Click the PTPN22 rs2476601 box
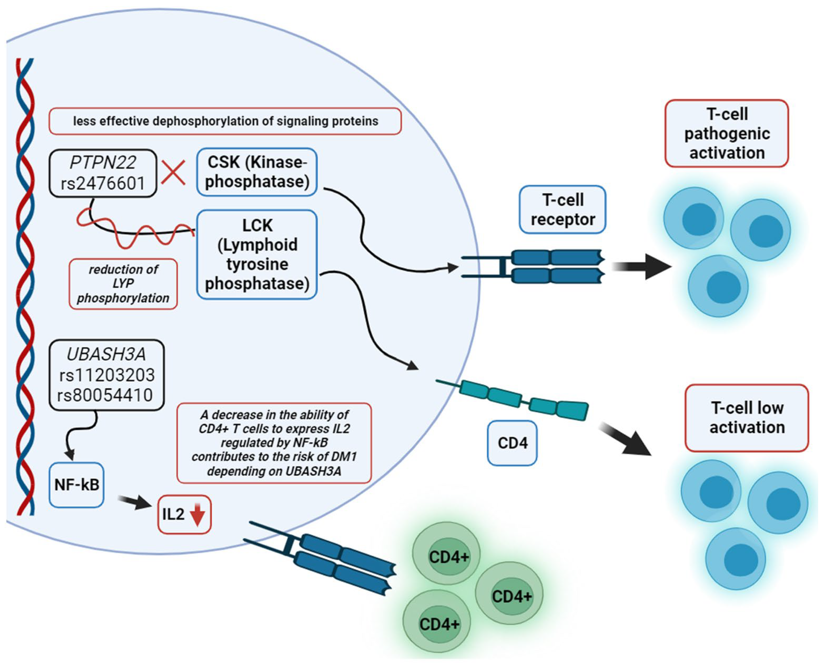click(103, 173)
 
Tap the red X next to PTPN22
click(173, 172)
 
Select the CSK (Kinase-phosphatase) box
click(256, 172)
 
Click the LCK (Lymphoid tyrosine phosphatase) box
click(256, 254)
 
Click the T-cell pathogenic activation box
click(726, 133)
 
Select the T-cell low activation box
click(746, 418)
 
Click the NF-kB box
click(76, 485)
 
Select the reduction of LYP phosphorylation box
click(123, 284)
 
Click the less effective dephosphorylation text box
click(225, 121)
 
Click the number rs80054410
click(105, 395)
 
